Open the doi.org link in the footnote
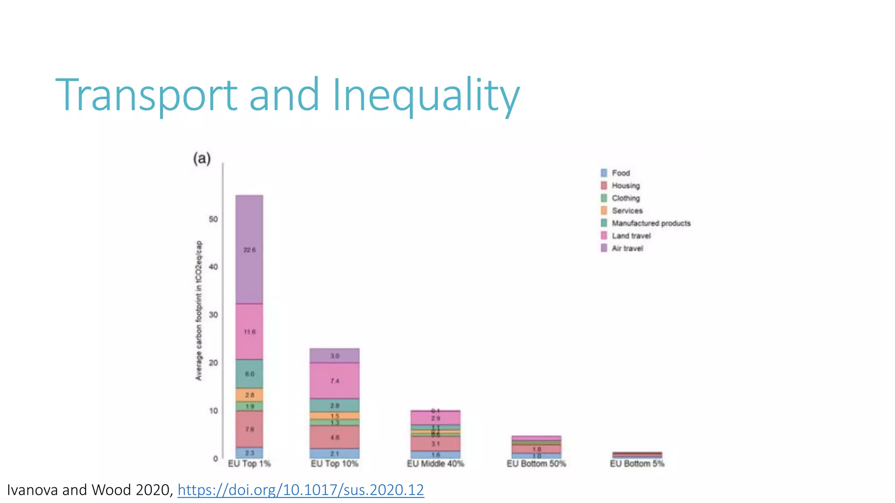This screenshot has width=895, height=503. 301,490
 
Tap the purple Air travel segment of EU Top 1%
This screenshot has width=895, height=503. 250,249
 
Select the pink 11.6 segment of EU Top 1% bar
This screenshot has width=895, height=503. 250,332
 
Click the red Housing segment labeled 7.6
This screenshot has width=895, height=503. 250,429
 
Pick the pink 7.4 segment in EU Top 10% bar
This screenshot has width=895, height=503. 335,381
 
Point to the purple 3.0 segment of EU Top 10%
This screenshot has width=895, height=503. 335,356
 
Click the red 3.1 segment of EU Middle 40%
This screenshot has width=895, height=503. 435,444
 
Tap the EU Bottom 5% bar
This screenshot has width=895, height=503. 637,455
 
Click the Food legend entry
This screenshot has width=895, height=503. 620,173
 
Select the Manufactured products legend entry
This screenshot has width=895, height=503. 651,223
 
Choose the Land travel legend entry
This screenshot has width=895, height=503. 631,236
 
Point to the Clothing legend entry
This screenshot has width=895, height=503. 625,198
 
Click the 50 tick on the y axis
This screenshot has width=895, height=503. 213,219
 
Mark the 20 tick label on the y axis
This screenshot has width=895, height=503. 213,363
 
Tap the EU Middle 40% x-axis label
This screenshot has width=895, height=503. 435,464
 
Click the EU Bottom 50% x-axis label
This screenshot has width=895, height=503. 536,464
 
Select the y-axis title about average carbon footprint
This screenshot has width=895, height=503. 199,310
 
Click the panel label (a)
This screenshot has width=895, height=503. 202,158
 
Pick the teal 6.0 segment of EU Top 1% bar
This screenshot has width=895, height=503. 250,374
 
